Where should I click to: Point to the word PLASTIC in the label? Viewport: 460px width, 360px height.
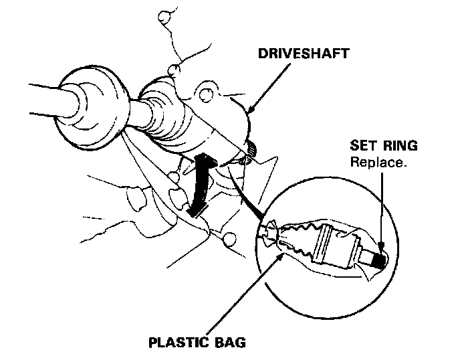click(x=177, y=343)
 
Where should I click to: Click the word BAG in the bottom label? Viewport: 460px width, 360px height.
click(x=229, y=343)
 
